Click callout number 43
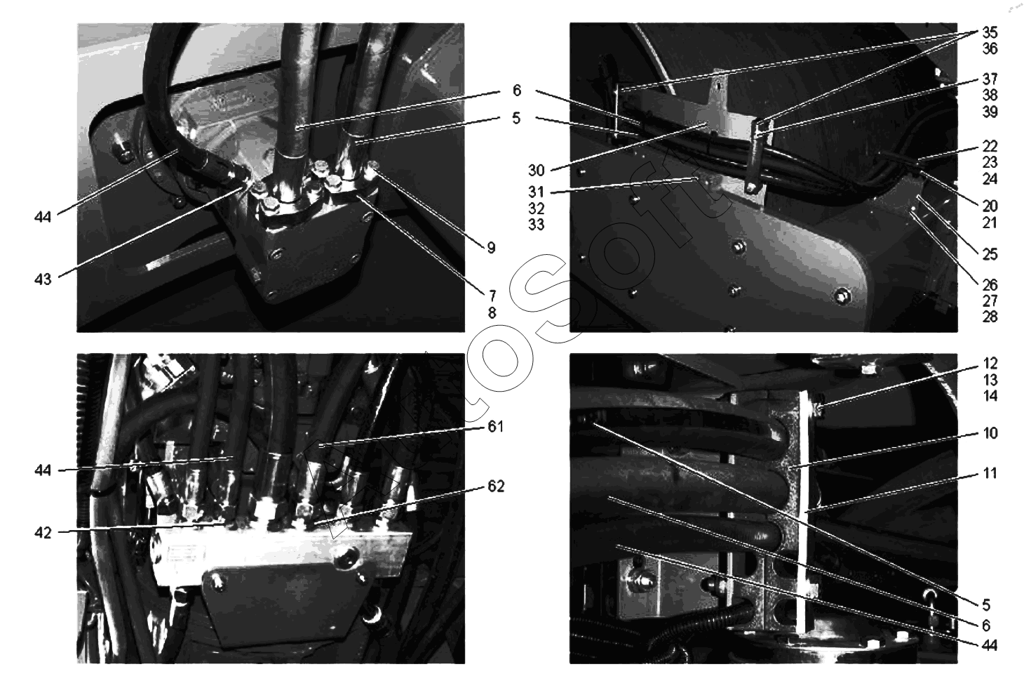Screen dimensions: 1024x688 pos(43,279)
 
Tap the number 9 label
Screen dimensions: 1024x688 pos(491,248)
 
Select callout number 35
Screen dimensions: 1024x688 pos(990,32)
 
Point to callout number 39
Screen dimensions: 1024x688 pos(990,112)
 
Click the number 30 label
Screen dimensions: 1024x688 pos(537,171)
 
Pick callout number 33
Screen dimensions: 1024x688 pos(537,225)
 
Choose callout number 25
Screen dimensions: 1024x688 pos(990,254)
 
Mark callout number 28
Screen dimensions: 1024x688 pos(990,317)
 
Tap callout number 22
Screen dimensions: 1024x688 pos(990,146)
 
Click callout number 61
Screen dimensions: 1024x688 pos(496,427)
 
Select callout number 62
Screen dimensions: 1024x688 pos(496,487)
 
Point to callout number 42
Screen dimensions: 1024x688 pos(43,533)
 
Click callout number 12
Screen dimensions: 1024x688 pos(990,364)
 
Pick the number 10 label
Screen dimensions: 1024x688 pos(990,432)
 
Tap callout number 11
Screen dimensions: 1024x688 pos(990,473)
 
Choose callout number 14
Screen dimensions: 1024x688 pos(990,396)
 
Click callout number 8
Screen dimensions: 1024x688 pos(492,313)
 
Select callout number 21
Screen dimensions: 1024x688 pos(990,223)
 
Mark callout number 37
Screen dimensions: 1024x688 pos(990,79)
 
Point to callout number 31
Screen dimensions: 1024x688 pos(537,192)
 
